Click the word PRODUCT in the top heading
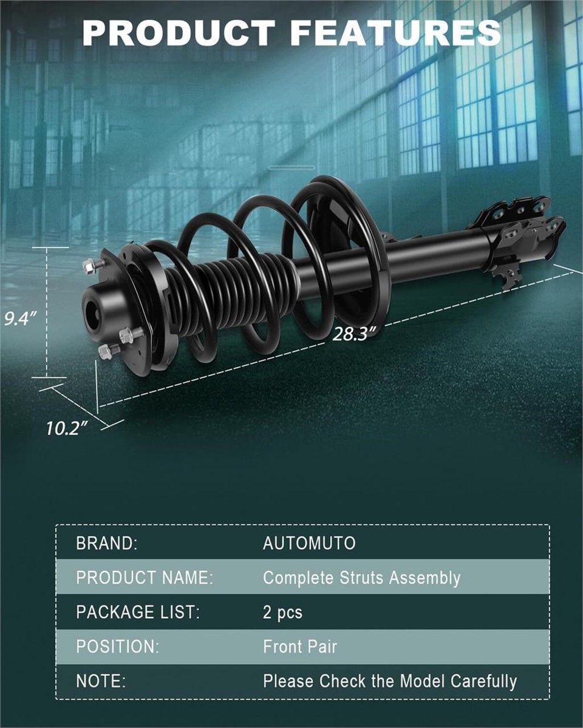tap(179, 33)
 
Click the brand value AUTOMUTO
tap(309, 543)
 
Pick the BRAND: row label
tap(107, 543)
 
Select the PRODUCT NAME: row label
tap(145, 578)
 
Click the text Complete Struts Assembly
tap(361, 578)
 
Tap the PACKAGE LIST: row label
tap(138, 613)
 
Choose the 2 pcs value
tap(282, 613)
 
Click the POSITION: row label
tap(118, 647)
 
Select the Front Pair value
tap(300, 647)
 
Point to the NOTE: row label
tap(101, 681)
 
